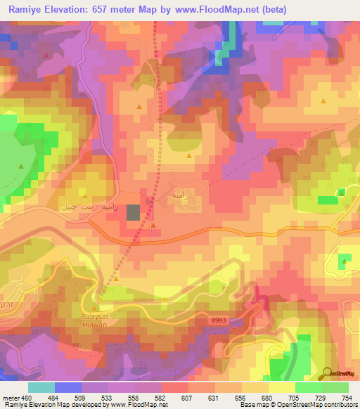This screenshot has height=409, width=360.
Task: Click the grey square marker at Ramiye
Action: pyautogui.click(x=134, y=213)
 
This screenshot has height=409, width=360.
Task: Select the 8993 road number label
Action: pyautogui.click(x=219, y=320)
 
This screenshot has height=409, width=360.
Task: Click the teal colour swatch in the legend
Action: pyautogui.click(x=41, y=387)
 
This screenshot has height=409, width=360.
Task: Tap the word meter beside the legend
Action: pyautogui.click(x=11, y=396)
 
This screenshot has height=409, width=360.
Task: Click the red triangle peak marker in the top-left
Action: pyautogui.click(x=47, y=55)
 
